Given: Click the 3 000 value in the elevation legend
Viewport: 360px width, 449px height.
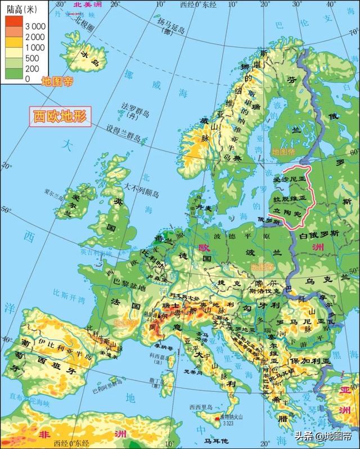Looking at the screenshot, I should [x=34, y=26].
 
